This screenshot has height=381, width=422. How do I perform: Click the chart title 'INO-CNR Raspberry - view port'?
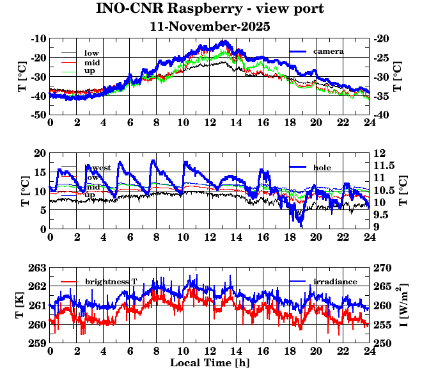pos(210,9)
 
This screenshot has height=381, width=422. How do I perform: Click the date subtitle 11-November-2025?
pos(210,27)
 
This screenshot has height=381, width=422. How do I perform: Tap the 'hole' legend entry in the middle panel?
pos(322,167)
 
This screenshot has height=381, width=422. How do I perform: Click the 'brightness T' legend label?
pos(111,282)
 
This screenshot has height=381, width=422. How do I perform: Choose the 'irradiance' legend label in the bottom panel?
pos(335,282)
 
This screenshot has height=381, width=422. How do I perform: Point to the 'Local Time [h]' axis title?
pos(210,363)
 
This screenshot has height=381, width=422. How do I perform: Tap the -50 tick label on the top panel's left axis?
pos(37,115)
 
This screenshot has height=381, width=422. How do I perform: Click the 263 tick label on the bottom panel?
pos(38,268)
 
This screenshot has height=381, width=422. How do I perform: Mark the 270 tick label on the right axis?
pos(380,268)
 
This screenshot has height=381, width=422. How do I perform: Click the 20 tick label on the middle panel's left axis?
pos(40,153)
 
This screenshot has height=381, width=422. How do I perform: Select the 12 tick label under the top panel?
pos(210,123)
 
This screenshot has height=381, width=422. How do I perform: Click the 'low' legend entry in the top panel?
pos(91,53)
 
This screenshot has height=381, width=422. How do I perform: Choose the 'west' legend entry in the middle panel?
pos(102,168)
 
